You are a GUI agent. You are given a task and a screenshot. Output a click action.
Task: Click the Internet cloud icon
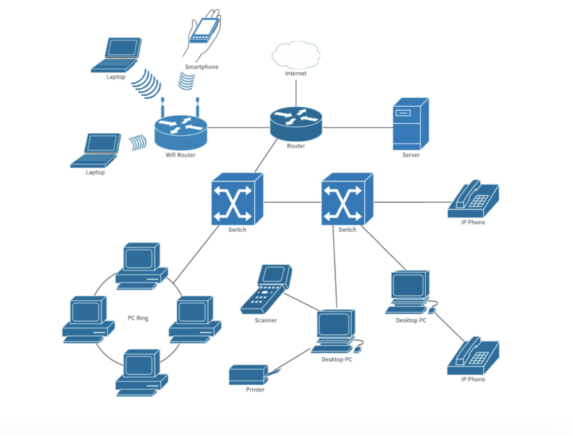(295, 55)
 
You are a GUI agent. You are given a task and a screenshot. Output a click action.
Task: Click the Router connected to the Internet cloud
(296, 123)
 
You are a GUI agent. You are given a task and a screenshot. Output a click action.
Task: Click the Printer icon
(249, 375)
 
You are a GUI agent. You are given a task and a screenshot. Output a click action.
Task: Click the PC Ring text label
(138, 318)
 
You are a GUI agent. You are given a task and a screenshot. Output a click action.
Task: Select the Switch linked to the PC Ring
(236, 200)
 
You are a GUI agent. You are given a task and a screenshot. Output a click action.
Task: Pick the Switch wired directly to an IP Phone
(346, 200)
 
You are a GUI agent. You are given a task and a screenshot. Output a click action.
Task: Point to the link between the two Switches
(292, 202)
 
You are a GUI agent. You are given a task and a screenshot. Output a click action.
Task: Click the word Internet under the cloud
(295, 73)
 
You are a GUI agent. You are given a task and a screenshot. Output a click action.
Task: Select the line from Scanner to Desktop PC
(301, 302)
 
